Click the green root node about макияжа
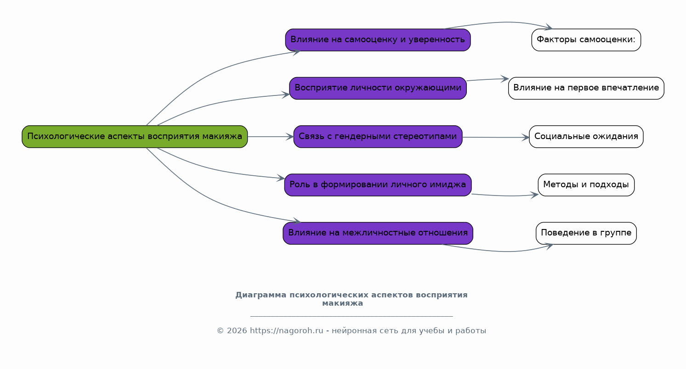(x=135, y=136)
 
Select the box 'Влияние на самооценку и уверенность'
(x=378, y=40)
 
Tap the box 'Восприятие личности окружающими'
(x=378, y=88)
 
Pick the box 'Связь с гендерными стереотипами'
(x=378, y=136)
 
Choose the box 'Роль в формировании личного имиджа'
(x=378, y=185)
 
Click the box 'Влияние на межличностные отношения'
(x=378, y=233)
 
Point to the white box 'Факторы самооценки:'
(x=586, y=40)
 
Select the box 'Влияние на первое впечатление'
(x=586, y=88)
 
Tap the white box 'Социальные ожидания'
(x=586, y=136)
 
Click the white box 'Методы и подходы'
(x=586, y=185)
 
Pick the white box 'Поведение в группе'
(x=586, y=233)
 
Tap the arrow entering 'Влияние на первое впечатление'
(x=487, y=79)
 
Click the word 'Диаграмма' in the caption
(x=261, y=295)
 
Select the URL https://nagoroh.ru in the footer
(x=286, y=331)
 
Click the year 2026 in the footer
(x=237, y=331)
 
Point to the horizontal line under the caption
(x=352, y=316)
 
